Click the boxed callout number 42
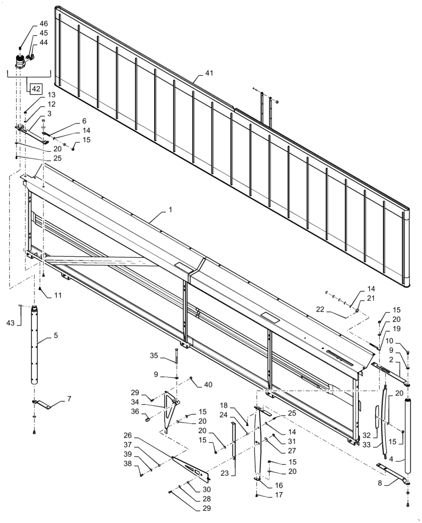(x=36, y=89)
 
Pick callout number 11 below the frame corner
(x=58, y=295)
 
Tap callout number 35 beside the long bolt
(x=154, y=356)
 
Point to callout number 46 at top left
(x=43, y=24)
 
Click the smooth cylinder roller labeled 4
(x=407, y=434)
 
